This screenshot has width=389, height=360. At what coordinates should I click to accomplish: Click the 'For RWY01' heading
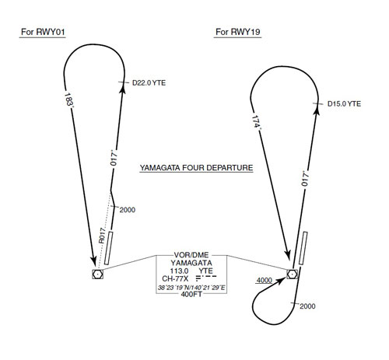pos(43,32)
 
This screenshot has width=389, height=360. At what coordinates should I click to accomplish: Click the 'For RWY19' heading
pos(237,32)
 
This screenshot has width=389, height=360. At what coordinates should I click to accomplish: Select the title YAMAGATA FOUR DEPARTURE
pos(196,168)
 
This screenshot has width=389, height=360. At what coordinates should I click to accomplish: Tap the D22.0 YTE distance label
pos(149,83)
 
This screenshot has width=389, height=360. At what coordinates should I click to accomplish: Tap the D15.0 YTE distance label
pos(344,104)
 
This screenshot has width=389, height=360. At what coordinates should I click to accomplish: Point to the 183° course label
pos(68,100)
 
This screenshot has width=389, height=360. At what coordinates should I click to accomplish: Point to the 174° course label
pos(256,121)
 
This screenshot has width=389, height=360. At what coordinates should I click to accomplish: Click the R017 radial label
pos(102,236)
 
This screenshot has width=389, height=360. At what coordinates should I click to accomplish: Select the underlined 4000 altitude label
pos(265,281)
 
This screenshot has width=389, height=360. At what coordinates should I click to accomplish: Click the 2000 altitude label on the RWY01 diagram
pos(128,210)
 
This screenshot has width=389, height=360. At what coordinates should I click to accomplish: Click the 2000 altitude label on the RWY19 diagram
pos(307,306)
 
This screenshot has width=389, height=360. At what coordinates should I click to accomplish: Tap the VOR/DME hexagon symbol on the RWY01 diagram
pos(97,274)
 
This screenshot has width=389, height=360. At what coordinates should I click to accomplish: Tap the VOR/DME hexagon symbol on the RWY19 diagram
pos(293,274)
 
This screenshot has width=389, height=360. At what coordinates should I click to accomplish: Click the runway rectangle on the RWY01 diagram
pos(109,248)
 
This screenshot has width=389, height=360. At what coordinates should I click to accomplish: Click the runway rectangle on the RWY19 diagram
pos(303,248)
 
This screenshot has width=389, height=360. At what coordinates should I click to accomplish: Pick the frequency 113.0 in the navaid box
pos(179,271)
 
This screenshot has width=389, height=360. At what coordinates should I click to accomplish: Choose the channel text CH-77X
pos(175,278)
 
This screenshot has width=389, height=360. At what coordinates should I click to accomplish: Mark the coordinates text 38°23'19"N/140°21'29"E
pos(191,288)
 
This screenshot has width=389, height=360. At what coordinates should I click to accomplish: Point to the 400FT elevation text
pos(191,294)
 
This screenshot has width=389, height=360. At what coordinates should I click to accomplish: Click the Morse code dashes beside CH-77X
pos(206,278)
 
